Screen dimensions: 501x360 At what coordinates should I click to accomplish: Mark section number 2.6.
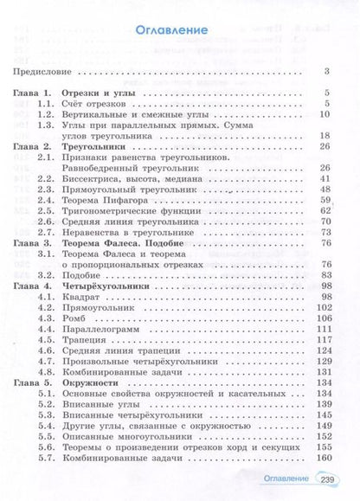coord(48,222)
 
